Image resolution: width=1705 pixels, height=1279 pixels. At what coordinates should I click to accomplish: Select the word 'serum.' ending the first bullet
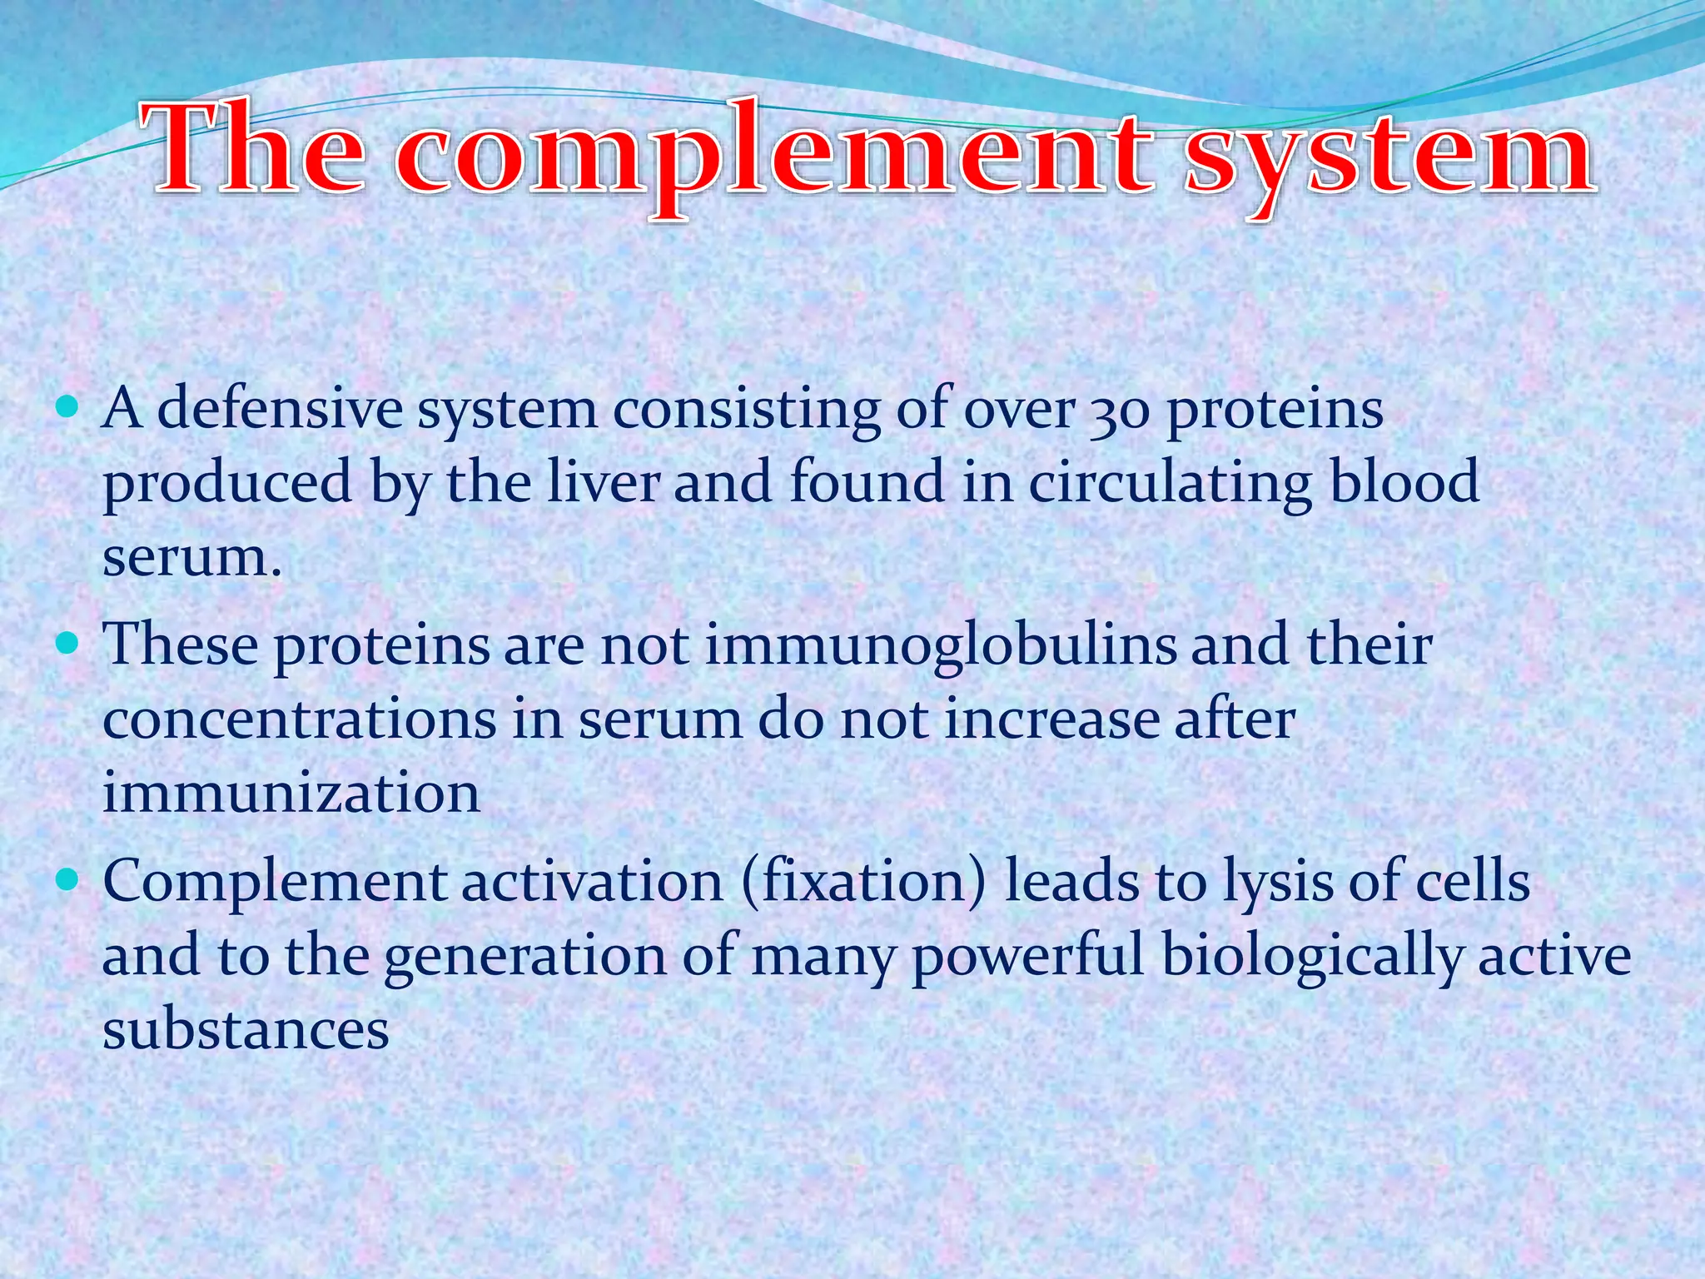click(x=192, y=557)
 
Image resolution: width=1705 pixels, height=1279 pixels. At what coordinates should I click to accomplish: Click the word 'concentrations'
click(x=300, y=719)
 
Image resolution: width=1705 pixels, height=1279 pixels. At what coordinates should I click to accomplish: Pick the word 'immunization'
click(x=291, y=792)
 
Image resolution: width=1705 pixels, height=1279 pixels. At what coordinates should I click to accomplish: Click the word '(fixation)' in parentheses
click(x=862, y=881)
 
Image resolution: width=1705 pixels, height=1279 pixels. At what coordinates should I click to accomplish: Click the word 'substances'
click(x=246, y=1030)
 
